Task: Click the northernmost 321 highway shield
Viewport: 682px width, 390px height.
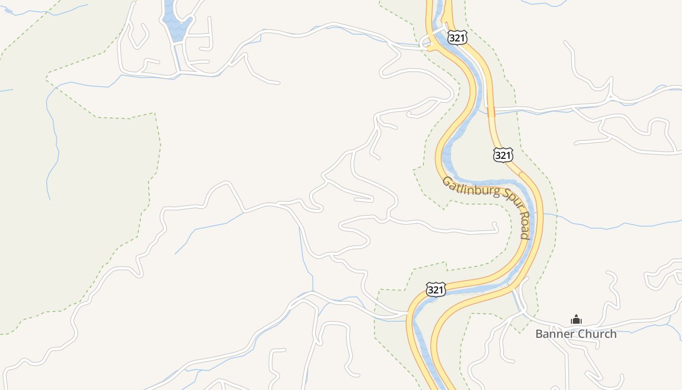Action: tap(457, 38)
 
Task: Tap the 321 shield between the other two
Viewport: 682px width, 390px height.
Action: tap(503, 155)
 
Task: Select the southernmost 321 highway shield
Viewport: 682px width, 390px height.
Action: tap(436, 290)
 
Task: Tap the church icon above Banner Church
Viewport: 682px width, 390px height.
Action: tap(576, 320)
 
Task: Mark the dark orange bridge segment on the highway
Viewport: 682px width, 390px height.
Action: tap(491, 112)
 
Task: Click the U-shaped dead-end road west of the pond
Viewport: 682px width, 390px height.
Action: tap(139, 34)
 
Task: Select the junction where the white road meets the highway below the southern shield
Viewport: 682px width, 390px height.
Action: tap(408, 313)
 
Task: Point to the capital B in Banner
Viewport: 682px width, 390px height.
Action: tap(539, 334)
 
